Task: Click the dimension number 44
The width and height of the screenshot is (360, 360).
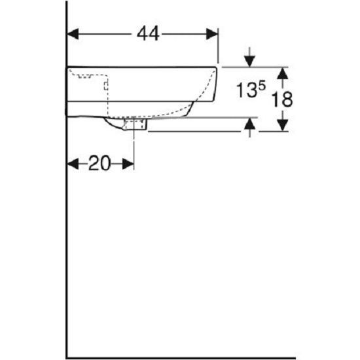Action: point(148,34)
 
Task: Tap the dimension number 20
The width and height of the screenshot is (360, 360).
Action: point(99,163)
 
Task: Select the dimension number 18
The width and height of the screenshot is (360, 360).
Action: point(282,99)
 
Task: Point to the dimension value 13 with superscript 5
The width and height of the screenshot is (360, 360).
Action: point(251,89)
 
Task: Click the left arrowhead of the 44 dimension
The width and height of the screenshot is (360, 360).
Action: point(73,34)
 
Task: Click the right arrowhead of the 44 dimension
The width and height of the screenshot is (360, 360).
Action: point(212,34)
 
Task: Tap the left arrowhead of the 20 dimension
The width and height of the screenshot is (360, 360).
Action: point(73,164)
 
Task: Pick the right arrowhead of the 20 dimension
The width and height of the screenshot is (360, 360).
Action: point(128,164)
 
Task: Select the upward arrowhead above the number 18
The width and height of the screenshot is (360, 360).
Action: point(282,74)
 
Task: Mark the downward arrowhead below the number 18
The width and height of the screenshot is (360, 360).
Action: point(282,126)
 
